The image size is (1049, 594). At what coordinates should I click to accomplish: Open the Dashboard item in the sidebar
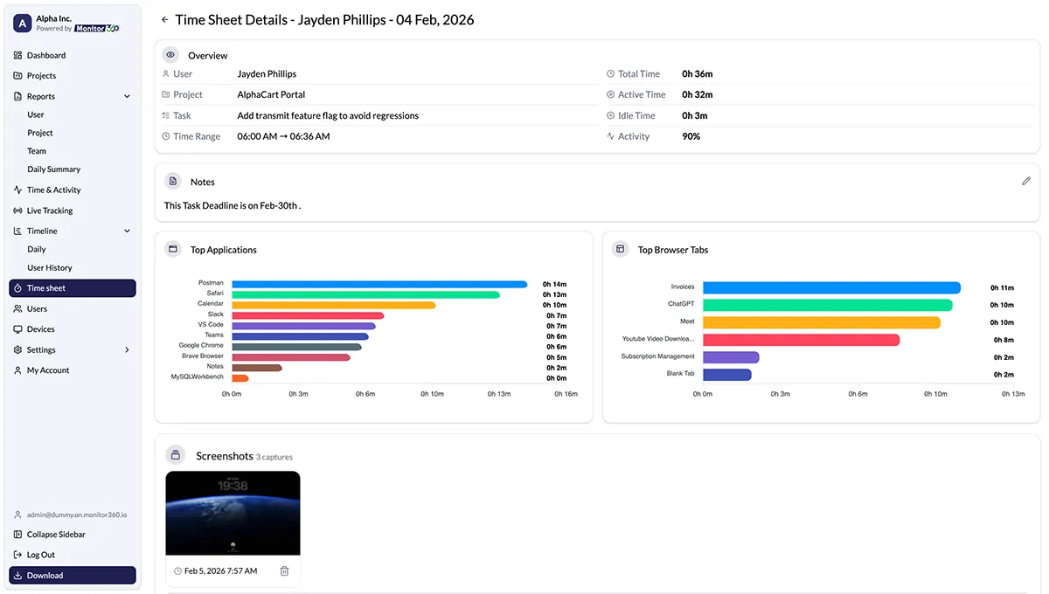[x=45, y=55]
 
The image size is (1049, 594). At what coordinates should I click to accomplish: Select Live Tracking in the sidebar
[x=49, y=211]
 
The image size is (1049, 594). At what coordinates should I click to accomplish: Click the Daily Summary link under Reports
[x=53, y=169]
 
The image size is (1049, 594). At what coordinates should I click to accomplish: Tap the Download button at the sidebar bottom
[x=73, y=576]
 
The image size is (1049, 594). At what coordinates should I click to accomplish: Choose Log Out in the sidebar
[x=40, y=555]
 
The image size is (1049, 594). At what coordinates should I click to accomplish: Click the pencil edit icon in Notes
[x=1026, y=181]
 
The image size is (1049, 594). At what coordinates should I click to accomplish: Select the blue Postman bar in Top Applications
[x=379, y=284]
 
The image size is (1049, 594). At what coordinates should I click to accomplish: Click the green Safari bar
[x=365, y=294]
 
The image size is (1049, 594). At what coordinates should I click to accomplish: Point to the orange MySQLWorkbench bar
[x=240, y=378]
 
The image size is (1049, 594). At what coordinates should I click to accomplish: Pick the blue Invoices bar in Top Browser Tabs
[x=830, y=287]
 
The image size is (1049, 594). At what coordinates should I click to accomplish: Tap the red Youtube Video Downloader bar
[x=801, y=340]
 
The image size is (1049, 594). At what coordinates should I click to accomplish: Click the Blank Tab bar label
[x=680, y=375]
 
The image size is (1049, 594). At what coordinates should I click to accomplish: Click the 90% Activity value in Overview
[x=691, y=136]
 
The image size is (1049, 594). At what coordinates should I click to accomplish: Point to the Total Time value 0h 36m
[x=697, y=74]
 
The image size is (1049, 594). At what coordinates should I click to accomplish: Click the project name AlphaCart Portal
[x=271, y=94]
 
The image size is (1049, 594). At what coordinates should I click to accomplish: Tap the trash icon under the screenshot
[x=284, y=571]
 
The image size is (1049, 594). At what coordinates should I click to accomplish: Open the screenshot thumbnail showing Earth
[x=233, y=513]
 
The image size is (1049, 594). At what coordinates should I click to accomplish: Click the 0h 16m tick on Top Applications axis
[x=566, y=394]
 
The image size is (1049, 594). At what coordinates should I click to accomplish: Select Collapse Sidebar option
[x=55, y=535]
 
